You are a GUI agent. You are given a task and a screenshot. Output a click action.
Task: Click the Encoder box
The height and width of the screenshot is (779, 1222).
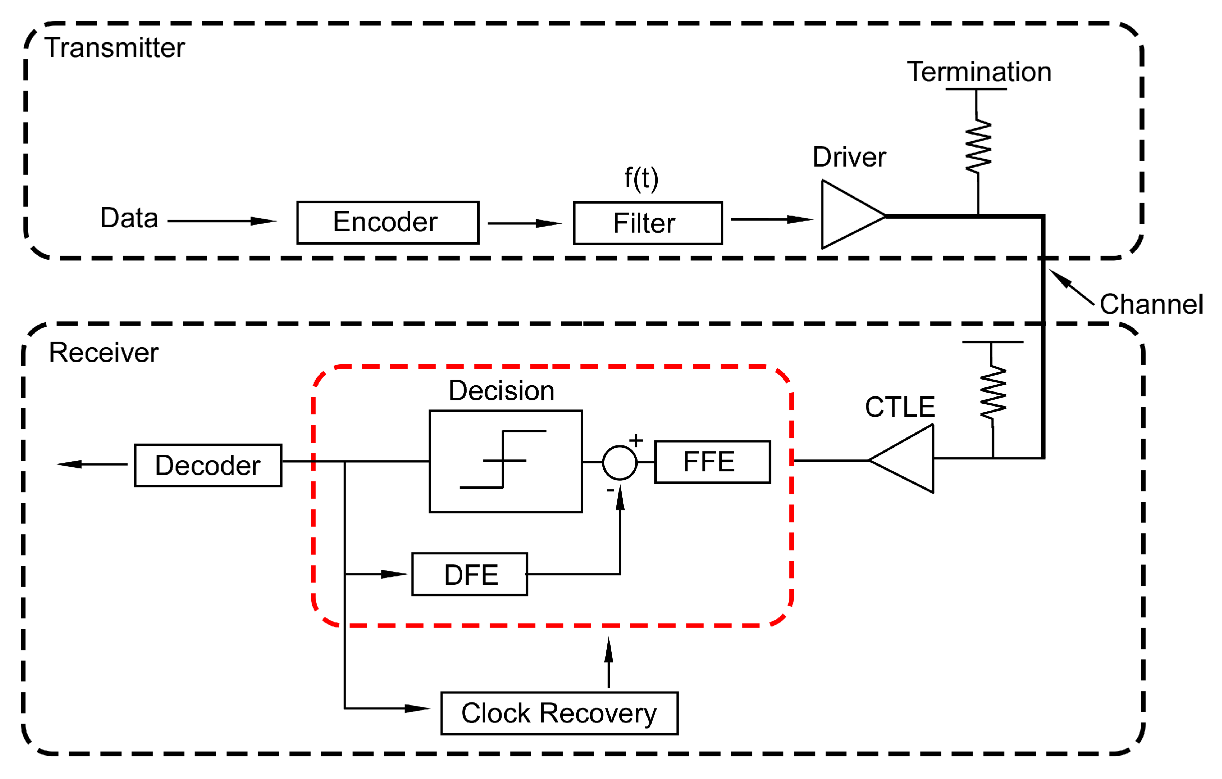(x=388, y=223)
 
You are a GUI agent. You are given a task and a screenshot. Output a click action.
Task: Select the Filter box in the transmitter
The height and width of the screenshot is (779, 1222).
(x=648, y=223)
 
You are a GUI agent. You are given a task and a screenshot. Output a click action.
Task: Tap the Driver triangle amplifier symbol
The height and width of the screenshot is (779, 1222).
(x=847, y=215)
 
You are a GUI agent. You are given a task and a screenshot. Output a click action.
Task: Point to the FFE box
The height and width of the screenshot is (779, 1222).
(x=712, y=462)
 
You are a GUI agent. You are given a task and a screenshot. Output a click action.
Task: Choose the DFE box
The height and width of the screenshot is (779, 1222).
(x=469, y=574)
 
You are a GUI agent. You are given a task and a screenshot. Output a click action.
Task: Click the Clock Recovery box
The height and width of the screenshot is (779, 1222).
(x=559, y=713)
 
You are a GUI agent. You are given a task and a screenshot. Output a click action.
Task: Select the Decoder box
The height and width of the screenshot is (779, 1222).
(x=208, y=465)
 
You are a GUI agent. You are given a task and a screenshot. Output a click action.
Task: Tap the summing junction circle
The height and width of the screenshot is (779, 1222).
(x=619, y=462)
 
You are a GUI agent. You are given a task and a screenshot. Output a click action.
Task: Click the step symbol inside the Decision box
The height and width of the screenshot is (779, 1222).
(x=503, y=460)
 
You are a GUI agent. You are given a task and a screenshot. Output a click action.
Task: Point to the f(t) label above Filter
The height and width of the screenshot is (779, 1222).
(x=641, y=179)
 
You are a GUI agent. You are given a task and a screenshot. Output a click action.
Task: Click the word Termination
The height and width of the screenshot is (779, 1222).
(x=978, y=72)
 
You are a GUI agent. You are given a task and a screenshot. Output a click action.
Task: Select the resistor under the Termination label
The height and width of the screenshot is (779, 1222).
(x=977, y=147)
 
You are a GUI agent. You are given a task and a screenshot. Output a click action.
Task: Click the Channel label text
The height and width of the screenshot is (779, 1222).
(x=1151, y=305)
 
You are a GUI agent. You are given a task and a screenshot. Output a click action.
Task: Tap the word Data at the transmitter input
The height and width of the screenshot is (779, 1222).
(x=129, y=218)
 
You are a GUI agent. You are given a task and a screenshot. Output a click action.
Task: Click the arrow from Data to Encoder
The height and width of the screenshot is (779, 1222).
(x=222, y=221)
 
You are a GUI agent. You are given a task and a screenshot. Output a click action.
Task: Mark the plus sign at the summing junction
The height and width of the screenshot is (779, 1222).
(x=635, y=440)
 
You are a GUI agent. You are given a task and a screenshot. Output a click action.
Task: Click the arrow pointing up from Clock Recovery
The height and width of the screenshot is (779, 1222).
(x=608, y=662)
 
